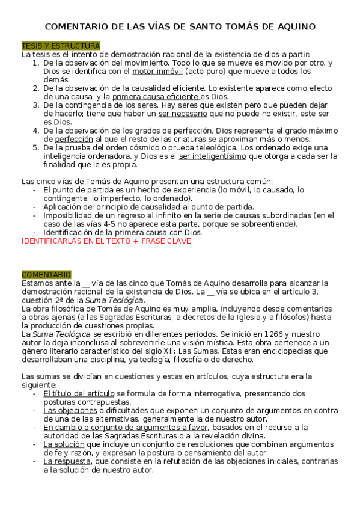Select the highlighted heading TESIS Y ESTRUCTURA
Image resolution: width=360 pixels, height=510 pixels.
(61, 46)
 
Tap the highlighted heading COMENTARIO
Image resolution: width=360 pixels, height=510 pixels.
(46, 274)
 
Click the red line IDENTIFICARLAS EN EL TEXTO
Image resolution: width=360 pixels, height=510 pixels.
(106, 241)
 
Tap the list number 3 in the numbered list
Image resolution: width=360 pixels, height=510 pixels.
(35, 105)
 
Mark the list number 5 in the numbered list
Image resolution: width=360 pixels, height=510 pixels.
(35, 147)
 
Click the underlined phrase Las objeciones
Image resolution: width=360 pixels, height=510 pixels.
(70, 410)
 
